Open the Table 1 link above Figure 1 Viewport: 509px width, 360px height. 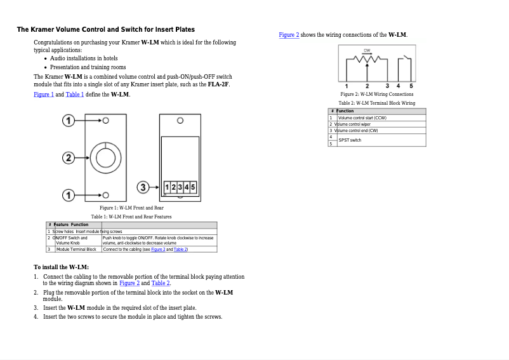click(74, 95)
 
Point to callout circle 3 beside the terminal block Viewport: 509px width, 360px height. click(144, 187)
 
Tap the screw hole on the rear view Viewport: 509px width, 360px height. click(180, 121)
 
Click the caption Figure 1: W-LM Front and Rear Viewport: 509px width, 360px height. click(131, 208)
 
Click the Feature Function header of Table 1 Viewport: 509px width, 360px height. click(71, 225)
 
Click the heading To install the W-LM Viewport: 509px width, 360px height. click(61, 267)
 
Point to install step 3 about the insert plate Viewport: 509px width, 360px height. click(119, 308)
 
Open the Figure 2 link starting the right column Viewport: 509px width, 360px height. click(289, 35)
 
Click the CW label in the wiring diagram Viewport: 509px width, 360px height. click(367, 50)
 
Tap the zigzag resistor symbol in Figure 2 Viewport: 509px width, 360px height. click(367, 60)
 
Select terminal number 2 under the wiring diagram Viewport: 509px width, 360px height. click(367, 86)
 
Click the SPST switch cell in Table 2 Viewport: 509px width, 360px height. click(350, 140)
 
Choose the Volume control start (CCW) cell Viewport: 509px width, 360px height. click(362, 117)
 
